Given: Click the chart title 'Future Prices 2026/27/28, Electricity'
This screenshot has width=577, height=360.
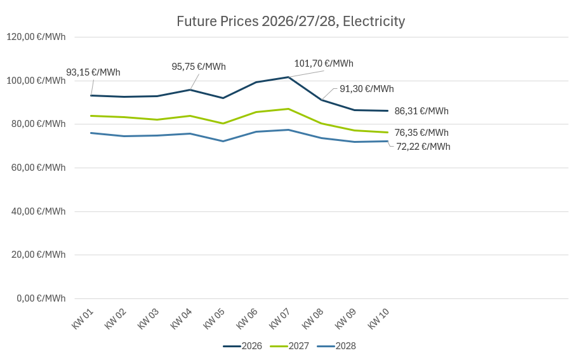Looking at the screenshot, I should (x=291, y=22).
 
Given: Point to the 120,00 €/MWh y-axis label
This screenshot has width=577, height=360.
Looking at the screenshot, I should (x=36, y=37).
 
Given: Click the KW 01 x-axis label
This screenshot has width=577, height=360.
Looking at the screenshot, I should (x=83, y=319).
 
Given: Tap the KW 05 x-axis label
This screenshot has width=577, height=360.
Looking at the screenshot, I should (x=215, y=319).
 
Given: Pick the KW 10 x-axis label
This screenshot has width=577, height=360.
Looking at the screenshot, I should (x=379, y=319).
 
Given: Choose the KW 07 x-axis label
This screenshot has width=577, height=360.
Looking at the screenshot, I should (x=281, y=319).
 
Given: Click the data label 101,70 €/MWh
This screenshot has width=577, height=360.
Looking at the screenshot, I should (x=324, y=63).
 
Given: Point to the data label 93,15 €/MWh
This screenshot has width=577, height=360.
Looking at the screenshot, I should (x=93, y=72).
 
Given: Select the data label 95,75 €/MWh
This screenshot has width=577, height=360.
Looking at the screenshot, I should (x=199, y=67).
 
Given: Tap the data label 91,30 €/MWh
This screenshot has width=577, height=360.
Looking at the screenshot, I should (x=366, y=89).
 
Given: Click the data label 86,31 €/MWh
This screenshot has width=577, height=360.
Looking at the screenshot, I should (x=421, y=111).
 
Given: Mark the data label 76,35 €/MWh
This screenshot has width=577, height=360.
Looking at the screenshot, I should (x=421, y=133).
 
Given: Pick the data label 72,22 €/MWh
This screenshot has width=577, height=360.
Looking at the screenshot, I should (x=423, y=147).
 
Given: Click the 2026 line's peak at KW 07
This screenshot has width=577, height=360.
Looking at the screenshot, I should (x=289, y=77).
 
